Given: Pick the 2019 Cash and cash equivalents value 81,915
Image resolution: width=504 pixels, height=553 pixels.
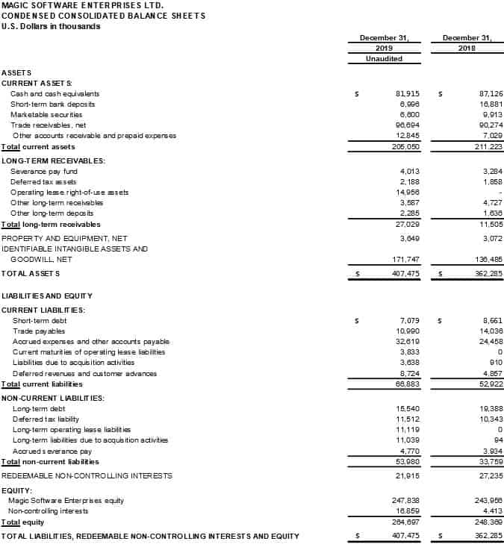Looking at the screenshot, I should pos(407,94).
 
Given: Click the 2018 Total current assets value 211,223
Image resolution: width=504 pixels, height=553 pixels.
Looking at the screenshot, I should pos(489,147).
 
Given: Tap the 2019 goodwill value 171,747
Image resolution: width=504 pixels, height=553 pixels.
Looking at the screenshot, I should pos(407,259).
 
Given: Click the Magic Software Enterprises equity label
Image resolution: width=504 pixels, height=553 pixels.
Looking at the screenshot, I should pos(66,500).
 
